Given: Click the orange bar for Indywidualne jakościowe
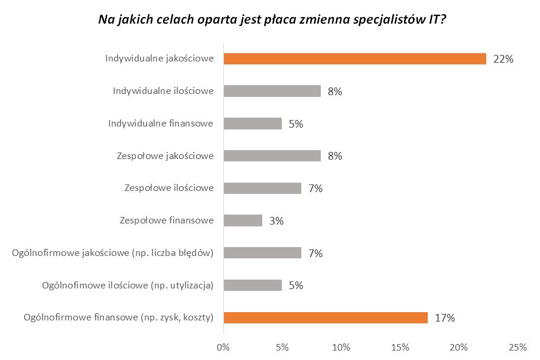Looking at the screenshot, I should pos(354,59).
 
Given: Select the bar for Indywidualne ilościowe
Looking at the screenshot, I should pos(272,91).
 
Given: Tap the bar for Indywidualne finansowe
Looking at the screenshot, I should pos(252,124).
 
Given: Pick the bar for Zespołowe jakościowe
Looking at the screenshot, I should pos(272,156).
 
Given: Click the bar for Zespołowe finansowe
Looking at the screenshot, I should pos(242,220).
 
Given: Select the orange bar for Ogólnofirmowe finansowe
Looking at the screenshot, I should pos(325,317).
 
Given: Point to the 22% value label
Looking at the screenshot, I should pos(503,59).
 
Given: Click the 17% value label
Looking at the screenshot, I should pos(444,318).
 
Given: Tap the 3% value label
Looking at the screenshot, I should pos(276,221).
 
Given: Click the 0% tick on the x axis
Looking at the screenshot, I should pos(223,346).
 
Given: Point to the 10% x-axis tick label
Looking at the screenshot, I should pos(341,346).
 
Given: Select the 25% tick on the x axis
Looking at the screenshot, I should pos(518,346).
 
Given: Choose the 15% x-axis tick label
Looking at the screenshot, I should pos(400,346).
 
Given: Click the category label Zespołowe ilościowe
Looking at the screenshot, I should pos(169,189).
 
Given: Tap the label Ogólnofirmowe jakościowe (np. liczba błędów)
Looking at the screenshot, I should pos(112,253).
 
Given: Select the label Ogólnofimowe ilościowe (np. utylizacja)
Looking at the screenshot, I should pos(128,286).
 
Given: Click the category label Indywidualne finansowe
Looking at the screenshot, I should pos(161,124).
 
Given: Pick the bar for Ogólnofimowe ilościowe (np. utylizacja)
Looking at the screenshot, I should pos(252,285).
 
